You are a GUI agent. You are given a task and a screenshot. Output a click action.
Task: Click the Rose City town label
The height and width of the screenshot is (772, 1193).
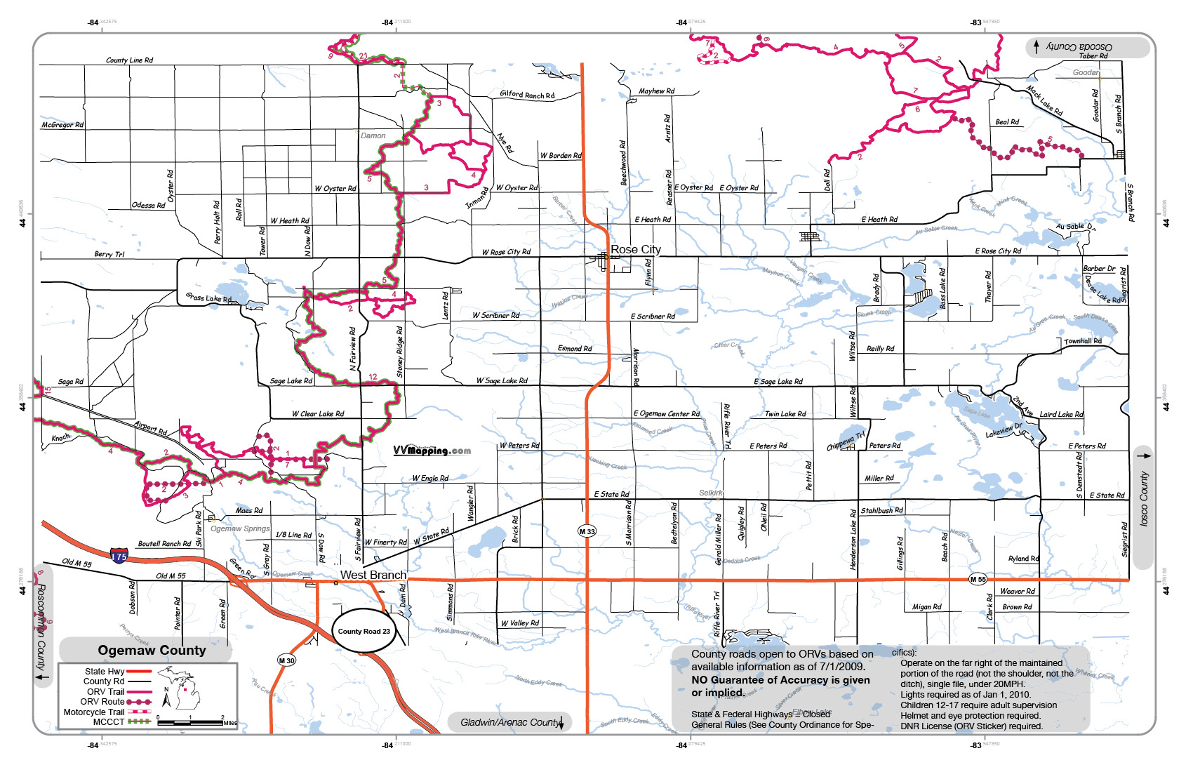635,249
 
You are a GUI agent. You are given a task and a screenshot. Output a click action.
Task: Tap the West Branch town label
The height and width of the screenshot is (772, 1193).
373,575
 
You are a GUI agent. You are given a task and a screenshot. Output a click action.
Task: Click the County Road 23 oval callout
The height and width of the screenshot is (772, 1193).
364,631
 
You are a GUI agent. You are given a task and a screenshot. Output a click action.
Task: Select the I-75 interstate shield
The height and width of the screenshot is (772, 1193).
119,557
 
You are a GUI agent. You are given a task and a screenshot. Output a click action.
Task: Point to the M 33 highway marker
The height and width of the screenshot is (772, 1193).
587,531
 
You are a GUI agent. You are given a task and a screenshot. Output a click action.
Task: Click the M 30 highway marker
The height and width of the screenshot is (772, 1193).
286,660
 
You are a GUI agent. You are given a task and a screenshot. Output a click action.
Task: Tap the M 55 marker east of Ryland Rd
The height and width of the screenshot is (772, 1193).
978,579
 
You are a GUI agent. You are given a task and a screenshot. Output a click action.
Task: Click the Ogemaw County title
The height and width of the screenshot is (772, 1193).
152,651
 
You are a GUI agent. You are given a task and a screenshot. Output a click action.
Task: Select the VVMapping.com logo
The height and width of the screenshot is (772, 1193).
432,451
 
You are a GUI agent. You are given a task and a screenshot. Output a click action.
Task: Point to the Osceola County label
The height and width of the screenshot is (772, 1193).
1079,46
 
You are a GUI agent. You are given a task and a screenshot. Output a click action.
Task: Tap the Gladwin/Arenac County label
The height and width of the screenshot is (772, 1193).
510,722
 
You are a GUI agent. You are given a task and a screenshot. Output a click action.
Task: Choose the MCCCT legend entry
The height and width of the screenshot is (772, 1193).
109,721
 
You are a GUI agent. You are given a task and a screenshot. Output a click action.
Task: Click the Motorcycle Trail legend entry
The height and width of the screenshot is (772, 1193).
94,712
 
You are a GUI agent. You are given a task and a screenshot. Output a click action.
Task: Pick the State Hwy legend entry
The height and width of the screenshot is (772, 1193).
105,672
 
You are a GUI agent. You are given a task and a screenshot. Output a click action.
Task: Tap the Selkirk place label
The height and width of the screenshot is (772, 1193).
710,493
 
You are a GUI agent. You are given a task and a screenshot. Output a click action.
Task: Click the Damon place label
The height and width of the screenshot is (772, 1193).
373,135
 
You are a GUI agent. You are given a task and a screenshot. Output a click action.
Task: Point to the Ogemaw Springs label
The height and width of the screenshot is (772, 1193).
240,528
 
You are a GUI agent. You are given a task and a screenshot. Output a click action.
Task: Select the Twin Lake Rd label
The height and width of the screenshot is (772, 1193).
785,414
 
